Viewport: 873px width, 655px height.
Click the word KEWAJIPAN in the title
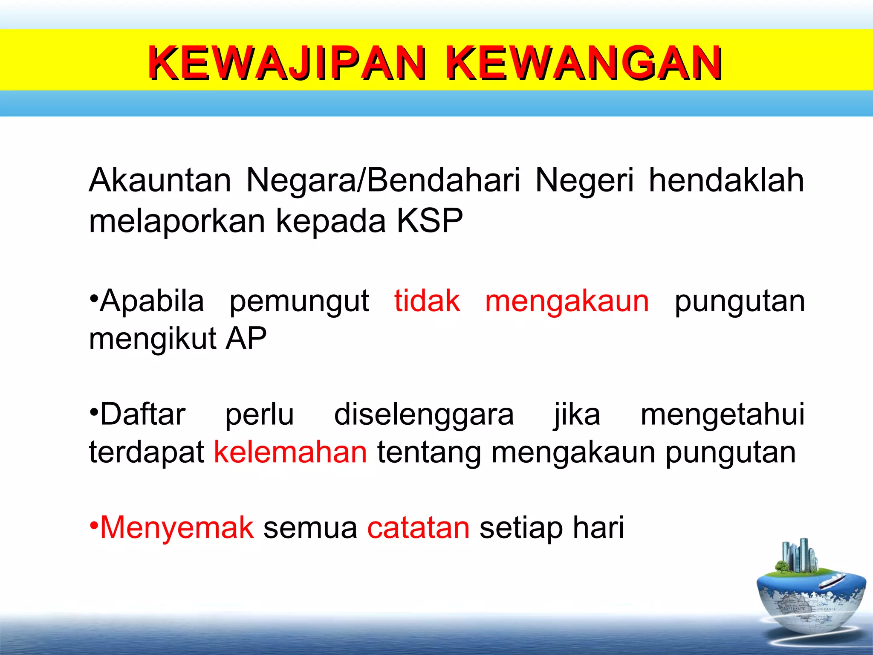[x=286, y=63]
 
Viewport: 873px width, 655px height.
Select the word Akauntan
[x=160, y=180]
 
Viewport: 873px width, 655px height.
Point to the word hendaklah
[x=726, y=180]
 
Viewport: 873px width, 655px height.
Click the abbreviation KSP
[x=430, y=221]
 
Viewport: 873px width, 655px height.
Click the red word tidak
[x=427, y=301]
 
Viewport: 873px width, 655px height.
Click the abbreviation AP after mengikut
[x=246, y=339]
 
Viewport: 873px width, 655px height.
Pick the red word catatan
[x=418, y=528]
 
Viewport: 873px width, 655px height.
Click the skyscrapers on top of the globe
[x=798, y=556]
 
